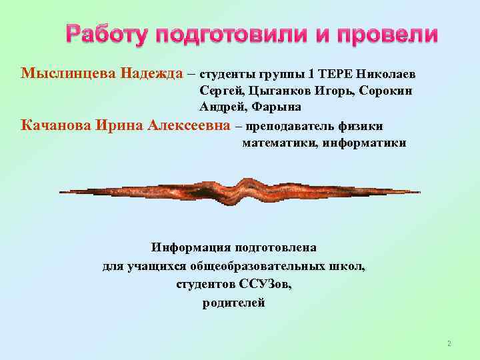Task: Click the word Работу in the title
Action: click(x=107, y=35)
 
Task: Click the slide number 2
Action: click(x=449, y=344)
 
